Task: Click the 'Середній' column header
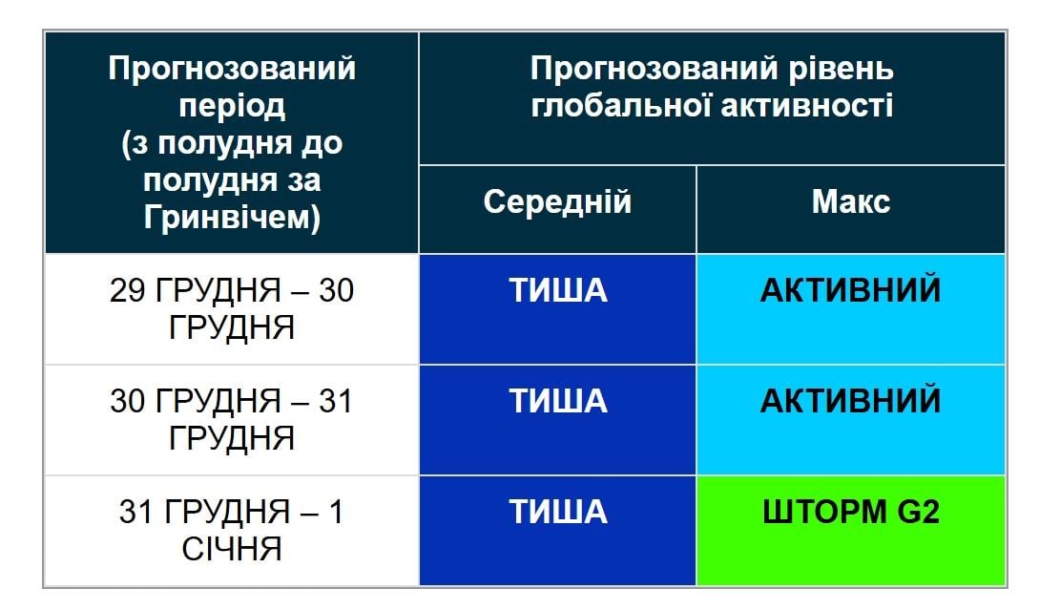[x=557, y=202]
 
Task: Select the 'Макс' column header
[x=850, y=202]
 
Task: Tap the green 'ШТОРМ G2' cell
[x=850, y=530]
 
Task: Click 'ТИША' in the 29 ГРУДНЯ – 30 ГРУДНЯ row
[x=557, y=290]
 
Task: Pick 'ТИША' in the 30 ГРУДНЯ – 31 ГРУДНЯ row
[x=557, y=401]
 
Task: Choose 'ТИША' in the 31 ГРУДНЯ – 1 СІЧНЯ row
[x=557, y=513]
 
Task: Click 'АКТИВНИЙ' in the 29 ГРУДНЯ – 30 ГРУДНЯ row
[x=850, y=290]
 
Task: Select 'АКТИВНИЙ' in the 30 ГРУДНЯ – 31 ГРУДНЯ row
[x=850, y=401]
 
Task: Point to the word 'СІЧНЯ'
[x=232, y=550]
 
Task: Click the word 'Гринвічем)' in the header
[x=232, y=218]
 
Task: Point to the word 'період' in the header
[x=232, y=106]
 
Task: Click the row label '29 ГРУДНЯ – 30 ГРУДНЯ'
[x=232, y=308]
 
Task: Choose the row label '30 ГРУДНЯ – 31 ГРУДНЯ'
[x=232, y=419]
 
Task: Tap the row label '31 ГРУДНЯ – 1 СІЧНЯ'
[x=232, y=531]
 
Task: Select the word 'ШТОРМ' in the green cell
[x=826, y=513]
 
